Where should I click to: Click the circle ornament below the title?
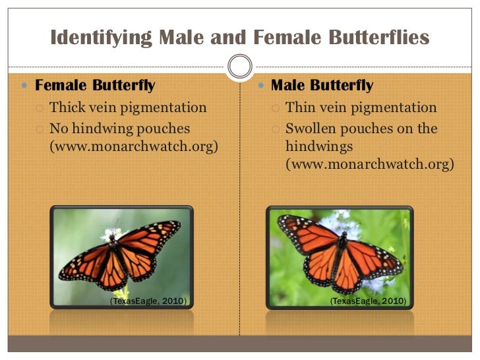239,65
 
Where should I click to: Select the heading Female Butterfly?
95,86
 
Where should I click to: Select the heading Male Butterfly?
322,86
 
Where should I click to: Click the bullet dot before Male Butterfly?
262,86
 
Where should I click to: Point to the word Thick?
68,107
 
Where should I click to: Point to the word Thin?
301,107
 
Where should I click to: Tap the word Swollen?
315,128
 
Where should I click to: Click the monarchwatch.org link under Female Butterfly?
134,146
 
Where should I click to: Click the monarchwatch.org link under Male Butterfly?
369,164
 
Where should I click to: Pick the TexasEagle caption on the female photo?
148,301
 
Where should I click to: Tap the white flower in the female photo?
110,234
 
